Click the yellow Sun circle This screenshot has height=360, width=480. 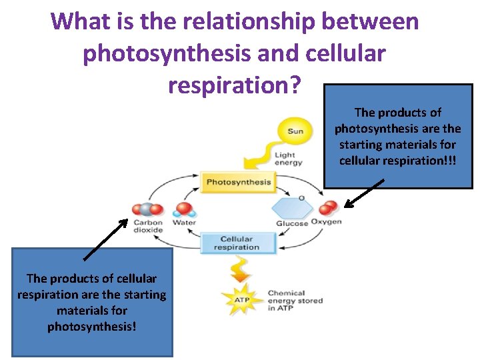(x=295, y=131)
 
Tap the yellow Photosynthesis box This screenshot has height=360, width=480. (x=238, y=182)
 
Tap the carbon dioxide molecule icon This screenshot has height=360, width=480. (x=145, y=210)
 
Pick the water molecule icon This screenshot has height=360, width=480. (x=184, y=210)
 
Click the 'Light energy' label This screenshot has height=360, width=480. (x=288, y=159)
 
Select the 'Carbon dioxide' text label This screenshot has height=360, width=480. (x=148, y=226)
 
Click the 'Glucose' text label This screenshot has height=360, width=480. (x=292, y=223)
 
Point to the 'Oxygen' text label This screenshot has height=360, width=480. (x=327, y=222)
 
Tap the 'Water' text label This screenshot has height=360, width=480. (x=184, y=223)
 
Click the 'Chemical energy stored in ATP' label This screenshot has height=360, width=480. (x=295, y=301)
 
